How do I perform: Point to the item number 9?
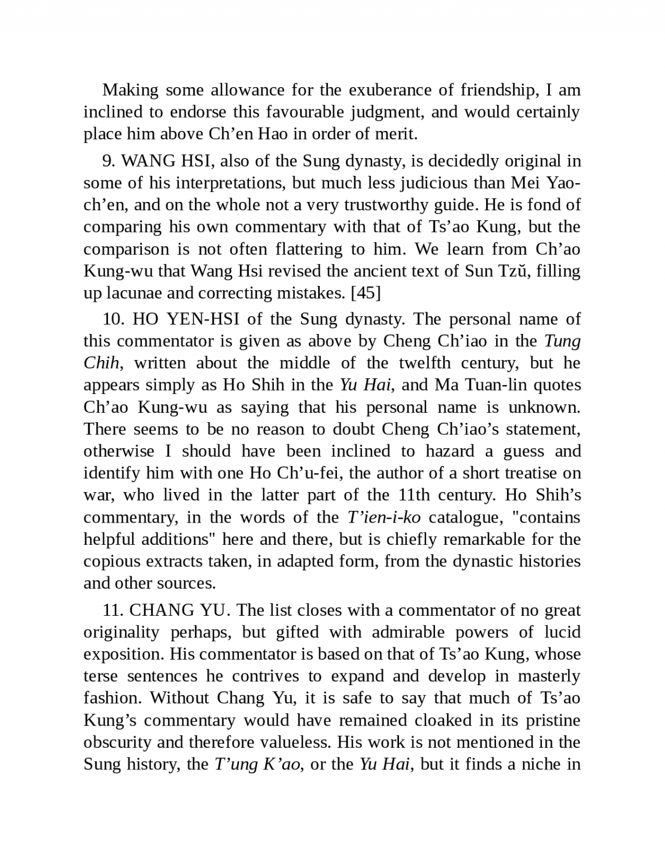coord(107,161)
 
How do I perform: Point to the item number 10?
coord(112,319)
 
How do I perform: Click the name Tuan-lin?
coord(486,385)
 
